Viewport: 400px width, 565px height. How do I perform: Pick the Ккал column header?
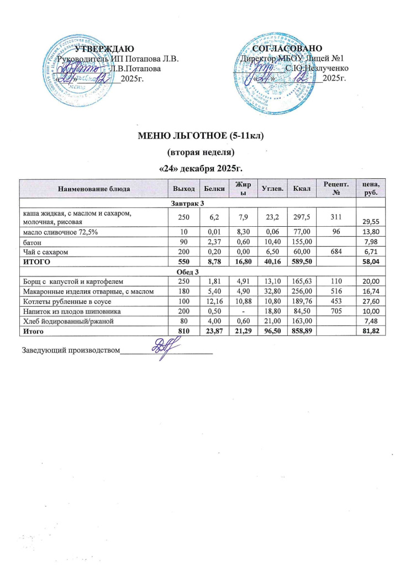301,189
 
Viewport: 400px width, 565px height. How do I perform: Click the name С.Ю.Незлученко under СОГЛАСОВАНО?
317,68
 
